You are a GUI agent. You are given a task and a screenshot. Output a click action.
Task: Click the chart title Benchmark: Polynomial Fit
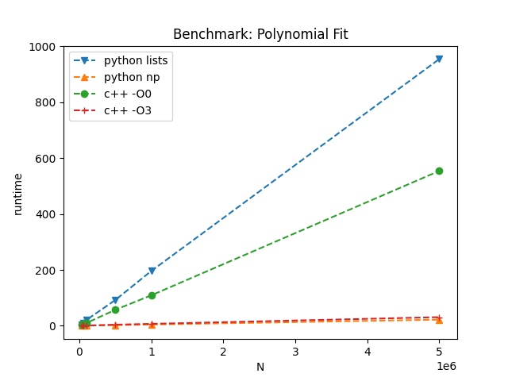pos(260,34)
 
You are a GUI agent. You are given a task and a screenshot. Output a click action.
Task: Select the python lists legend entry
pos(136,60)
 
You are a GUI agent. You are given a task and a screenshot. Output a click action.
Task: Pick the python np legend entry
pos(131,78)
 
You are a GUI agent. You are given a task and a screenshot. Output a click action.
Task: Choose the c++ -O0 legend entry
pos(128,94)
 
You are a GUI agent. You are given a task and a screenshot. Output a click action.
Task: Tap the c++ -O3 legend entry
pos(128,112)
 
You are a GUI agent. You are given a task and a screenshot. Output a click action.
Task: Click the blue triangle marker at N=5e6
pos(439,59)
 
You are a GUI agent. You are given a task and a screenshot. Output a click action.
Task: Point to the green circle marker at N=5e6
pos(439,171)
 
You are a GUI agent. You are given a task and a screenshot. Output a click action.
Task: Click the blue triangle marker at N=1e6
pos(152,271)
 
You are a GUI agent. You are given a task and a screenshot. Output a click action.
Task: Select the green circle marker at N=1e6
pos(152,295)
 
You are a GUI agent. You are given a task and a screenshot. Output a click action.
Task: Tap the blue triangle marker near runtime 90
pos(115,300)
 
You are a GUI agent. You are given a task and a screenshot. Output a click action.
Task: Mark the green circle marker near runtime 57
pos(115,310)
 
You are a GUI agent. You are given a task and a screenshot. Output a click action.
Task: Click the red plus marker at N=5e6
pos(439,317)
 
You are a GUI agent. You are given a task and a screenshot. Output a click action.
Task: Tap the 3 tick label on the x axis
pos(295,352)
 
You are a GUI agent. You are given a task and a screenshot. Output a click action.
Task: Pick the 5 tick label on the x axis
pos(439,352)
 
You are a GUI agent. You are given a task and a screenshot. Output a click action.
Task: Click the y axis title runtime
pos(17,193)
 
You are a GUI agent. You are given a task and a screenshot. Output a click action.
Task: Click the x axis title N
pos(260,368)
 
